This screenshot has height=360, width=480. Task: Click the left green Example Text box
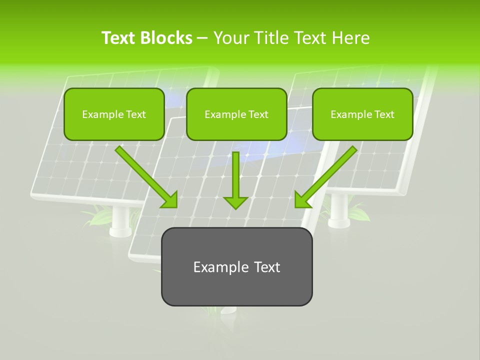(x=114, y=114)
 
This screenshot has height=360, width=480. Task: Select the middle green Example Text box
(x=236, y=114)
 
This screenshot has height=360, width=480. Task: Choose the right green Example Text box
(x=362, y=114)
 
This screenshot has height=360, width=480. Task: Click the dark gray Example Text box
(x=236, y=267)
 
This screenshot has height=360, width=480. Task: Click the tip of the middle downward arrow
(x=235, y=207)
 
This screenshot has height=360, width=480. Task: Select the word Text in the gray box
(x=266, y=267)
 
